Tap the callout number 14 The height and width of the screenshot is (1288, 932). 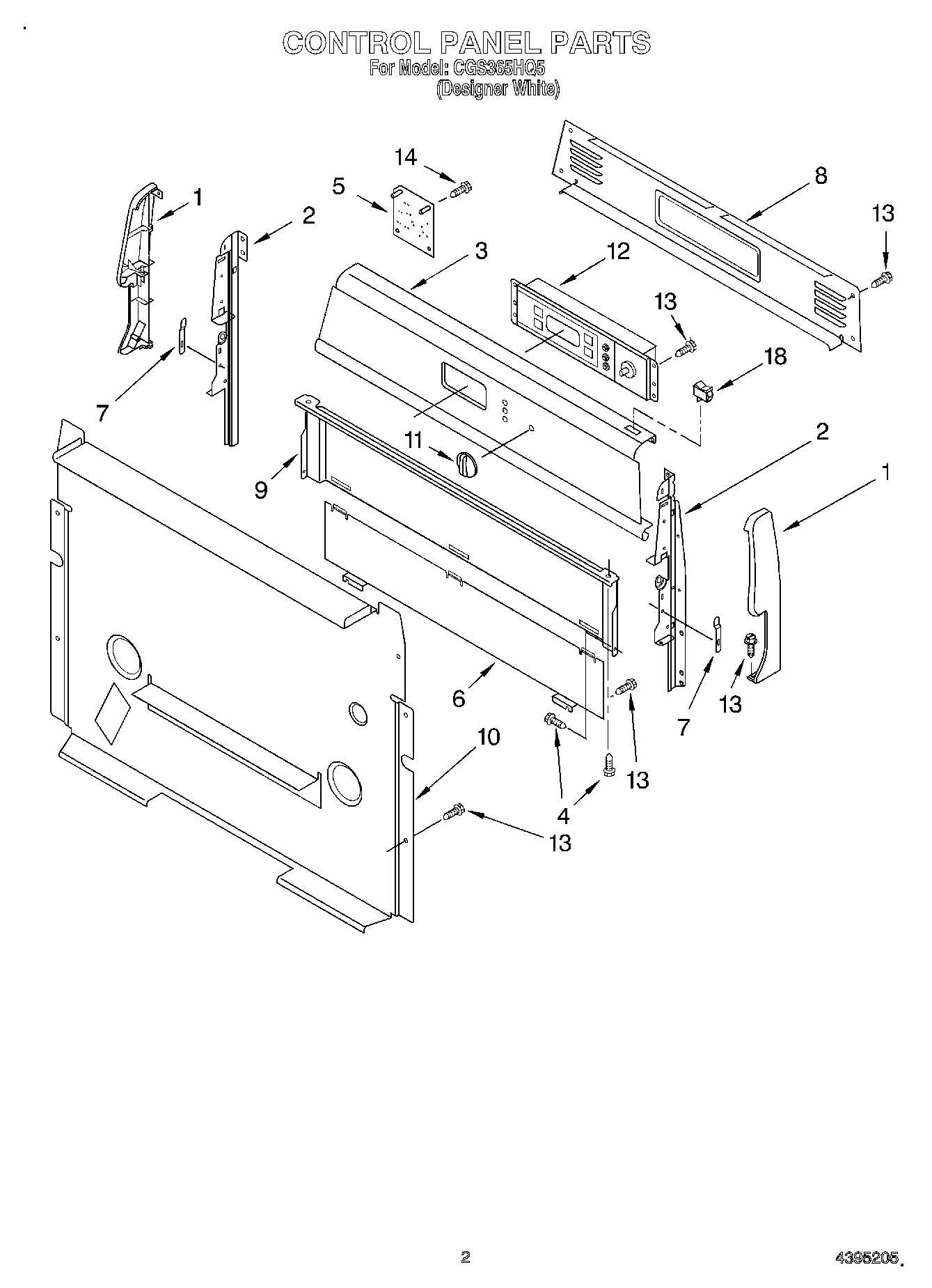click(x=405, y=157)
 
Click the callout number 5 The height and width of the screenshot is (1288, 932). click(x=339, y=187)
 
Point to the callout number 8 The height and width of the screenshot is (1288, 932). click(x=821, y=176)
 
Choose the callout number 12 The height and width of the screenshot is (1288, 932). click(x=618, y=251)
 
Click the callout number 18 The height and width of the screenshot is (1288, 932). click(x=775, y=357)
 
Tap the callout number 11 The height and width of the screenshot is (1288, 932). click(x=413, y=439)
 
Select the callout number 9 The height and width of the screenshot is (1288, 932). click(x=260, y=490)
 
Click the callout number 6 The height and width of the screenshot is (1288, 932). click(x=458, y=698)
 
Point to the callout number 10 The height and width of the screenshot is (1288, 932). click(x=489, y=737)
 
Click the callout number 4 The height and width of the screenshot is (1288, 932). click(x=563, y=815)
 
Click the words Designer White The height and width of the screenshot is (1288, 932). click(x=498, y=88)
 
